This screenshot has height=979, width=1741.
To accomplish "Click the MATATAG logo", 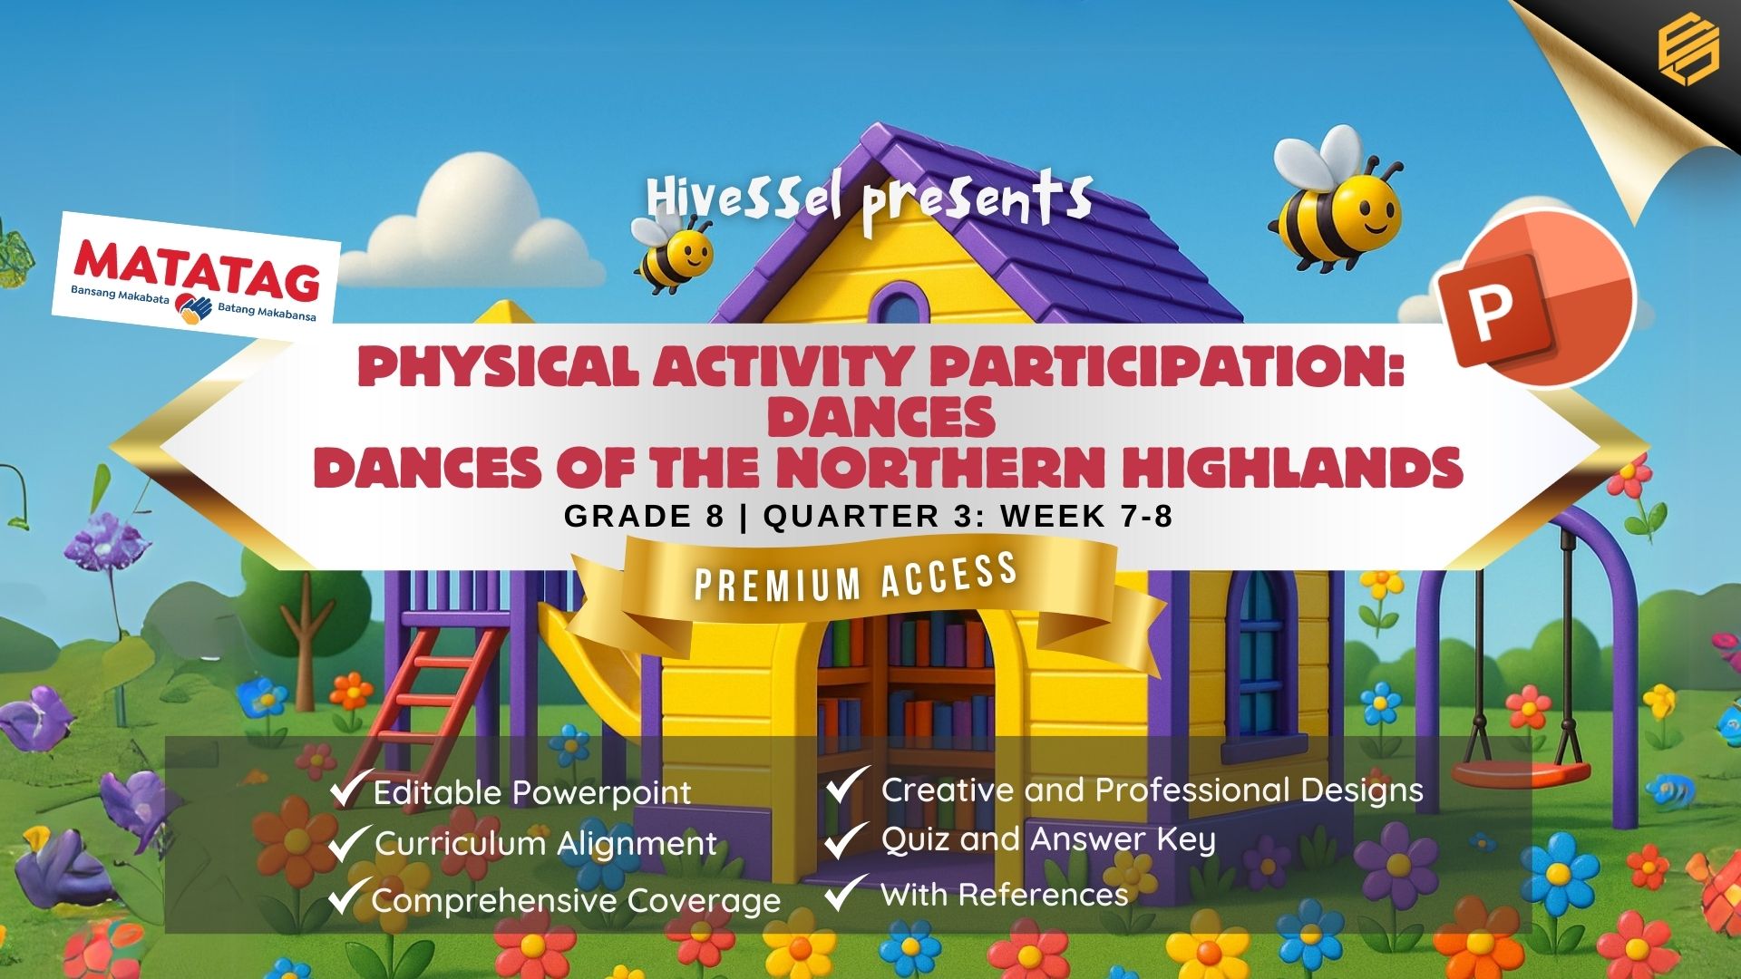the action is pyautogui.click(x=196, y=272).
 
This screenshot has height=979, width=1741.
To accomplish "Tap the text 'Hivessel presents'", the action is pyautogui.click(x=869, y=201).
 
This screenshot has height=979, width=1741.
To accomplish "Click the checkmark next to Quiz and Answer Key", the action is pyautogui.click(x=845, y=838).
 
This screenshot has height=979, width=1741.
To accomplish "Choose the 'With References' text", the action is pyautogui.click(x=1005, y=895).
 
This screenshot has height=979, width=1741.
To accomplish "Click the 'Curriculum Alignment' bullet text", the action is pyautogui.click(x=546, y=844).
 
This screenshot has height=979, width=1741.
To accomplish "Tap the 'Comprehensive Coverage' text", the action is pyautogui.click(x=577, y=901).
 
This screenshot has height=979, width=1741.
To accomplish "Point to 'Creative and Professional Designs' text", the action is pyautogui.click(x=1153, y=790).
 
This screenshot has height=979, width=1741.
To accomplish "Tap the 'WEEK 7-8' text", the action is pyautogui.click(x=1087, y=516).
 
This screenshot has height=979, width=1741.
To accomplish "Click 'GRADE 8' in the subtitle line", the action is pyautogui.click(x=644, y=516).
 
